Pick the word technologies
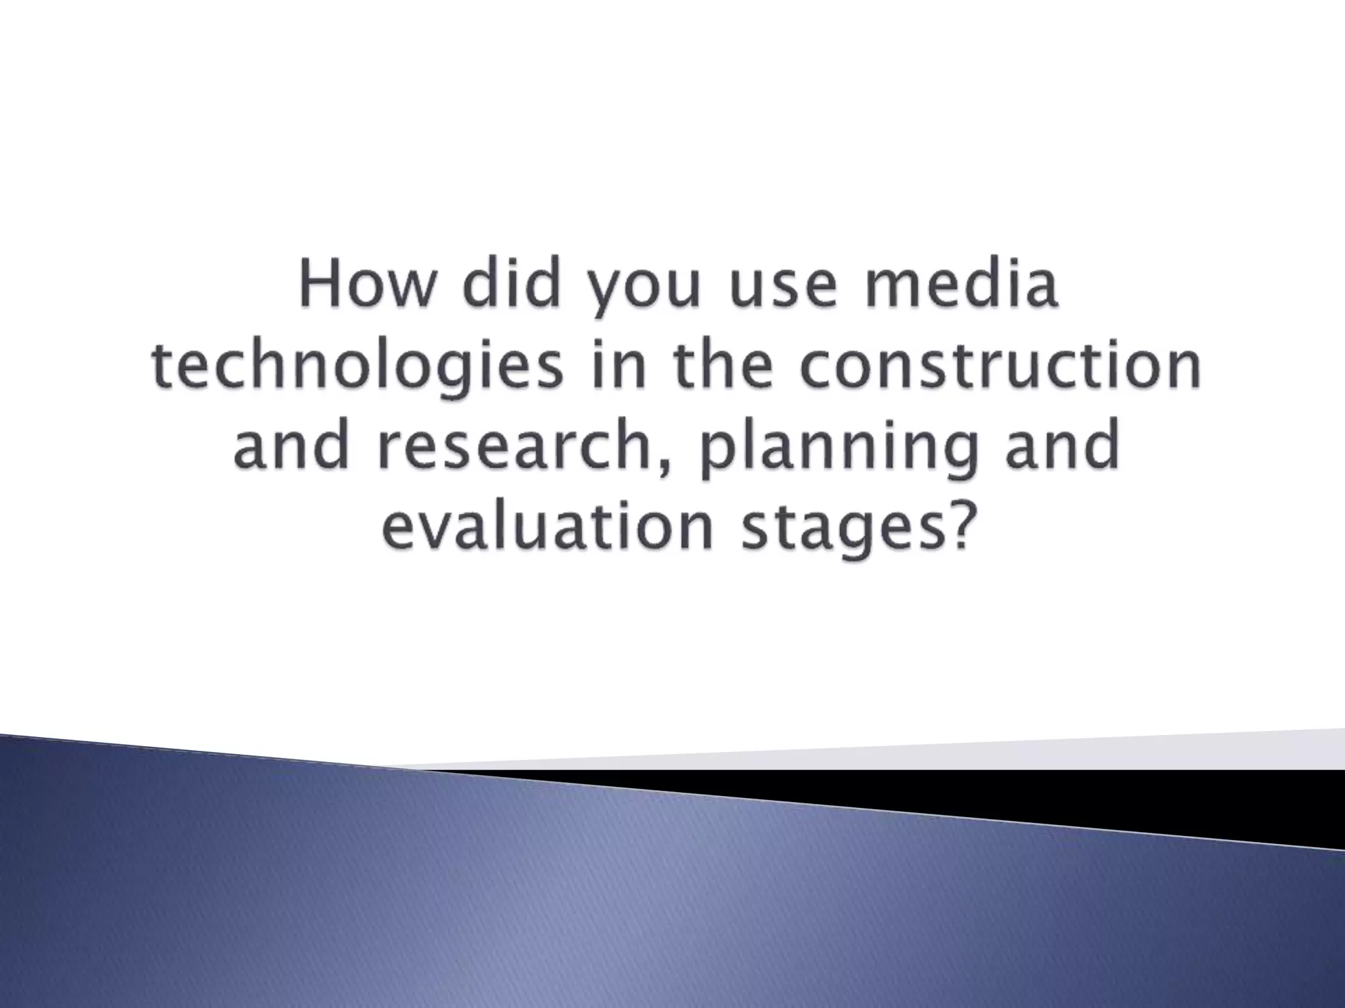pyautogui.click(x=357, y=367)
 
